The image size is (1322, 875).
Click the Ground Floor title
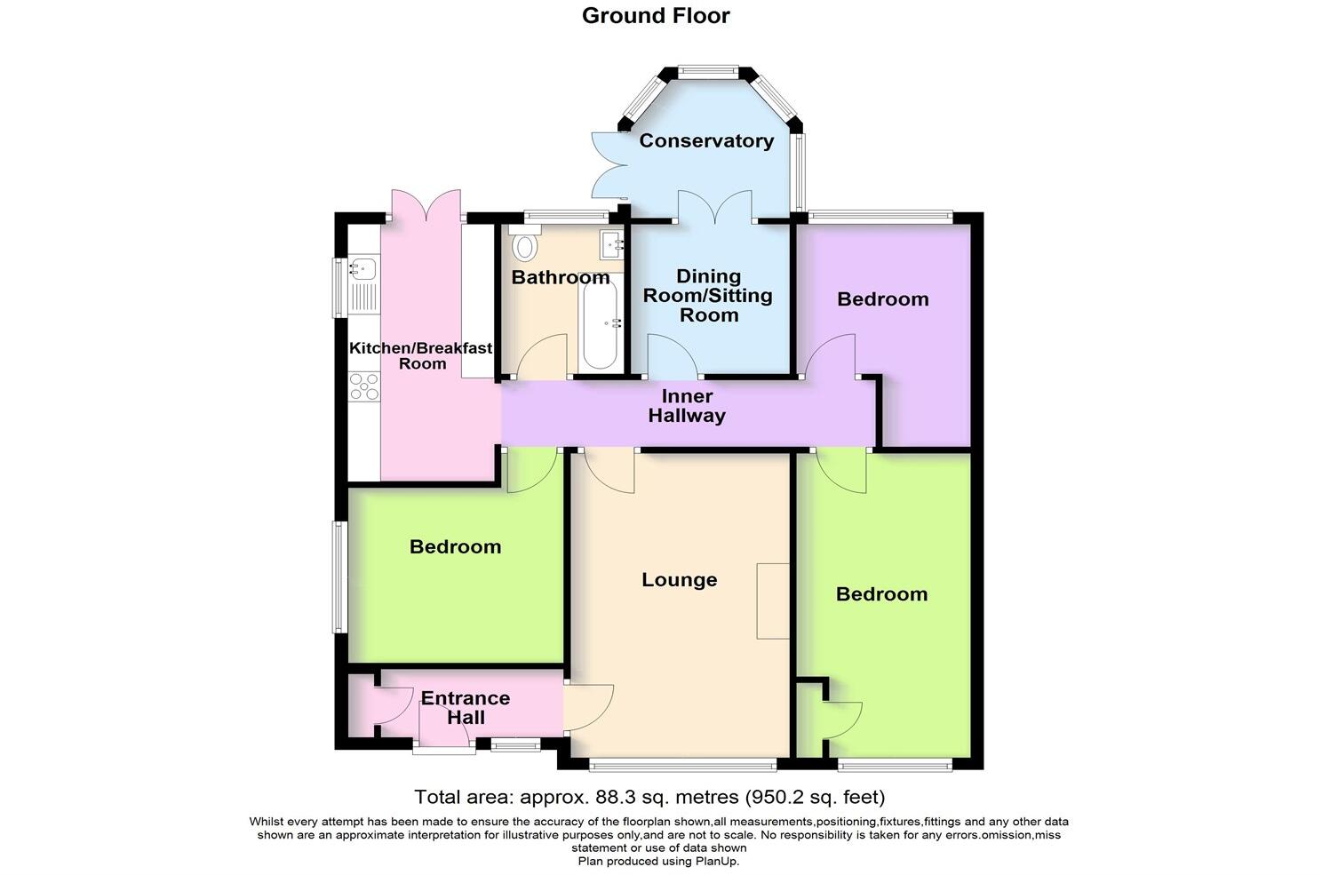tap(656, 16)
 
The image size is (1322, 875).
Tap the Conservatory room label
tap(706, 140)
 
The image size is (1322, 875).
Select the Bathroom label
tap(560, 277)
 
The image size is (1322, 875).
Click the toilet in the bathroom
tap(525, 243)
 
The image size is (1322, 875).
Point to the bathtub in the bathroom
tap(600, 321)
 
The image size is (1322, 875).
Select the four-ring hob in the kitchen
tap(363, 386)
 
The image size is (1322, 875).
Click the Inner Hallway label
tap(687, 406)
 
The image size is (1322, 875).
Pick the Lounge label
tap(680, 580)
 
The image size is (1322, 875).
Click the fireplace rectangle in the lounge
tap(772, 601)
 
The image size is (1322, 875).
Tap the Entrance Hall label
tap(466, 707)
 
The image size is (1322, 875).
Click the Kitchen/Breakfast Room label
tap(420, 355)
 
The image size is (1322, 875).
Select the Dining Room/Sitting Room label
tap(708, 296)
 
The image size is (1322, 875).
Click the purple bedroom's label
tap(883, 299)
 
